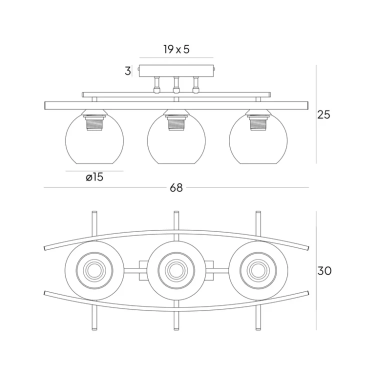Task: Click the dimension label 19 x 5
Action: pyautogui.click(x=176, y=49)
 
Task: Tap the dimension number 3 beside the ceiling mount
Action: pyautogui.click(x=128, y=71)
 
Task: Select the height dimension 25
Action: pyautogui.click(x=323, y=114)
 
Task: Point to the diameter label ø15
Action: pyautogui.click(x=94, y=177)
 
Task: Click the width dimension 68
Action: pyautogui.click(x=176, y=188)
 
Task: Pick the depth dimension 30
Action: pyautogui.click(x=324, y=271)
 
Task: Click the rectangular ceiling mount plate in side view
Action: pyautogui.click(x=176, y=71)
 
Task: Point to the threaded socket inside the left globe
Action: pyautogui.click(x=94, y=123)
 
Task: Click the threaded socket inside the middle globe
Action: pyautogui.click(x=176, y=123)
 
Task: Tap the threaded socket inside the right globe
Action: pyautogui.click(x=258, y=123)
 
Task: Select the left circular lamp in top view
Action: pyautogui.click(x=94, y=270)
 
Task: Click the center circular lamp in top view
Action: pyautogui.click(x=176, y=270)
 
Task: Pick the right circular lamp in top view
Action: pyautogui.click(x=258, y=270)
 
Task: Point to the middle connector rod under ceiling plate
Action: pyautogui.click(x=176, y=85)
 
